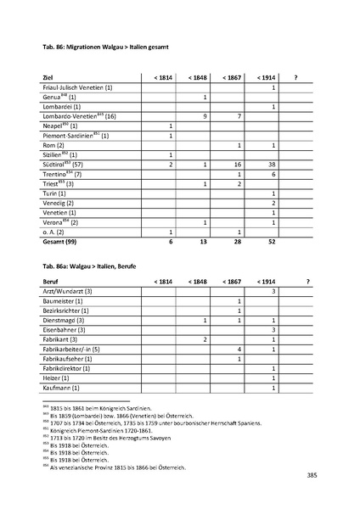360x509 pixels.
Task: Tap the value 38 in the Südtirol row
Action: pyautogui.click(x=273, y=164)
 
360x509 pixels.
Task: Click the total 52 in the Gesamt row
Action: pyautogui.click(x=273, y=242)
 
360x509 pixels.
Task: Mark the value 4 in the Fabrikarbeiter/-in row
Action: pyautogui.click(x=239, y=349)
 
